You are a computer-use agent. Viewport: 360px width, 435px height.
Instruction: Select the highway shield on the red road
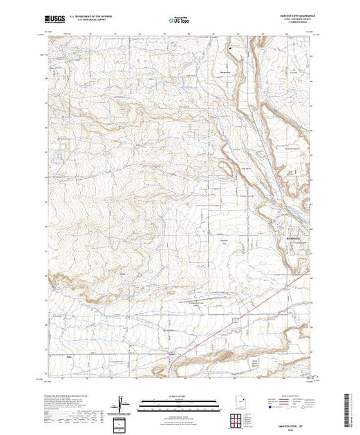tap(236, 321)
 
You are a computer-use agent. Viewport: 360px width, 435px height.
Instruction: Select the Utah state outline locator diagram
tap(238, 401)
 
